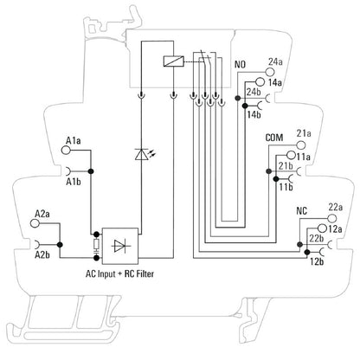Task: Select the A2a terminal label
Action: pyautogui.click(x=41, y=213)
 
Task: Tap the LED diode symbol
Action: pyautogui.click(x=141, y=154)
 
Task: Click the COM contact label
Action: pyautogui.click(x=273, y=138)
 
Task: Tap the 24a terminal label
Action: pyautogui.click(x=275, y=61)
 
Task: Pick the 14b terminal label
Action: pyautogui.click(x=253, y=113)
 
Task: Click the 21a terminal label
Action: pyautogui.click(x=304, y=133)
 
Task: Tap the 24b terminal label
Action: pyautogui.click(x=254, y=91)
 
